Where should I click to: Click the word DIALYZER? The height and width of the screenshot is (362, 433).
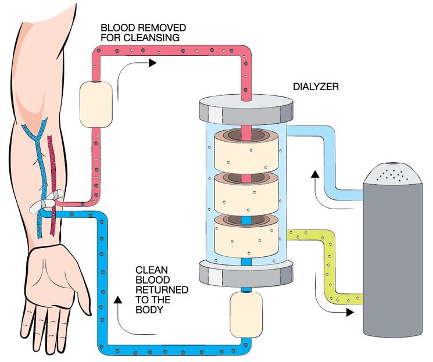(316, 87)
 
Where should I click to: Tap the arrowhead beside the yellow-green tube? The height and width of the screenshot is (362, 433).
(350, 312)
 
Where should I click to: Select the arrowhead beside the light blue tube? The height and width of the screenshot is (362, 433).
(314, 173)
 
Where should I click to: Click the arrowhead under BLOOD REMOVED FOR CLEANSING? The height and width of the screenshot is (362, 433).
(152, 62)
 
